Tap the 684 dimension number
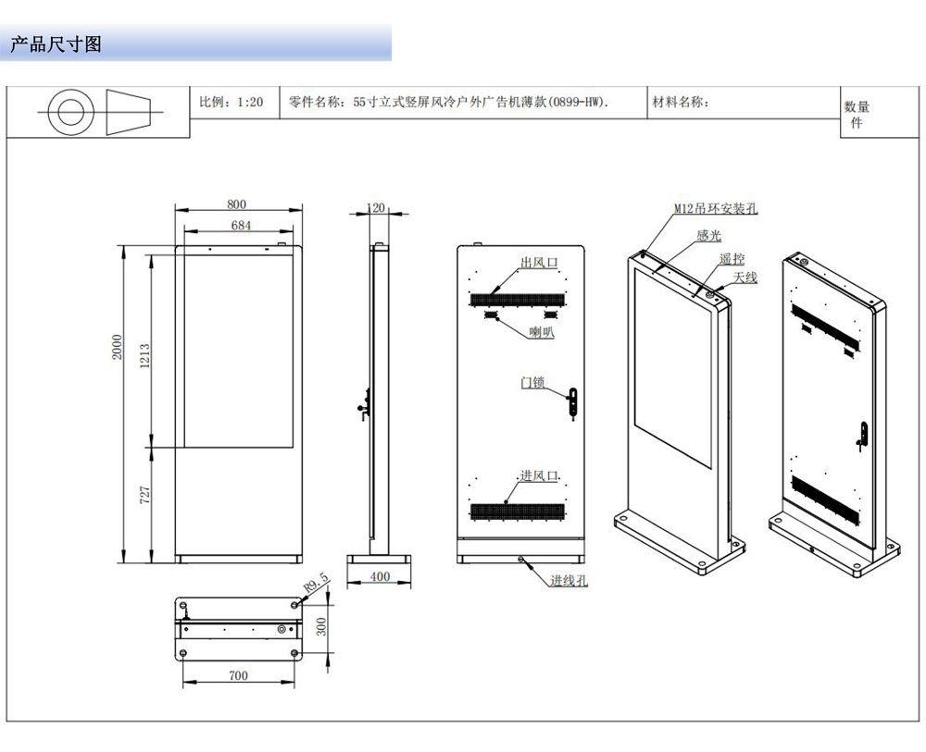coord(241,225)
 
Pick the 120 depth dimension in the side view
coord(376,208)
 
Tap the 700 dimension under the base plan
coord(238,676)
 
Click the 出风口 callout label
coord(538,264)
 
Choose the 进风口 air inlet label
coord(538,475)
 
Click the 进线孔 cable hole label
coord(569,581)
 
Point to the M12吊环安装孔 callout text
coord(715,210)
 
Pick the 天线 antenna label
coord(745,277)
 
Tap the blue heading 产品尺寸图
coord(56,43)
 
